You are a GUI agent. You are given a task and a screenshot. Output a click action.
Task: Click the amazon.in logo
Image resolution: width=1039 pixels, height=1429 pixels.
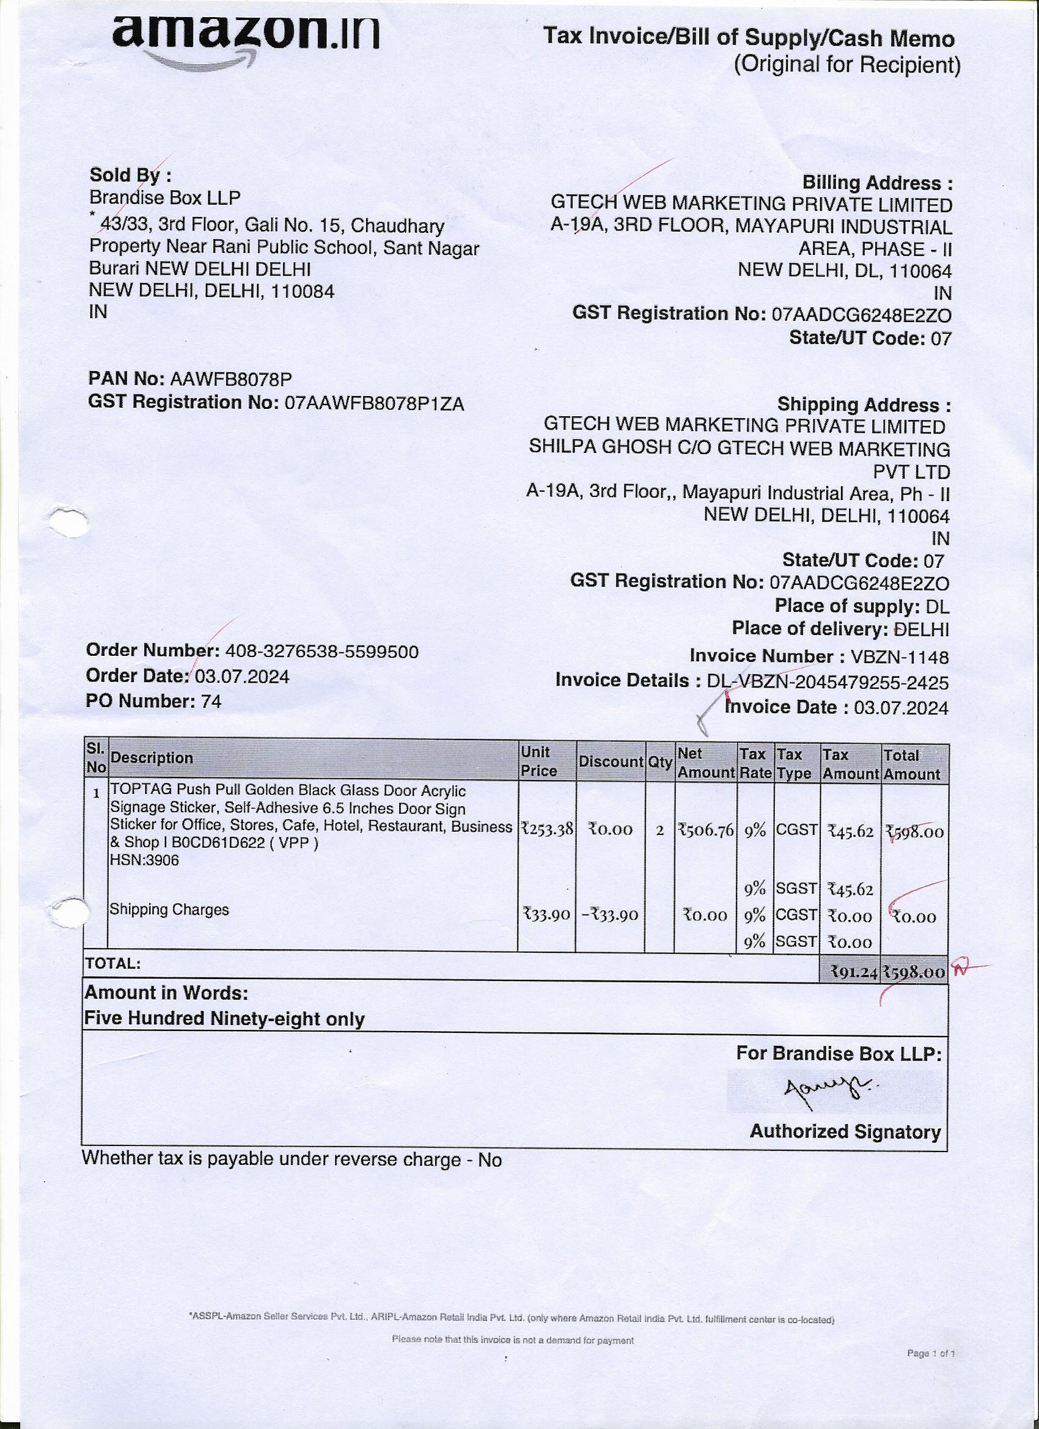click(246, 35)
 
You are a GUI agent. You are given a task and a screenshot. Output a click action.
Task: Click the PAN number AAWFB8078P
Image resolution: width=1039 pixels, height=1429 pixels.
click(230, 380)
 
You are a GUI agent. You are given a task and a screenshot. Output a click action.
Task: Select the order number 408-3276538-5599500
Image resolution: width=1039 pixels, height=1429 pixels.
click(321, 652)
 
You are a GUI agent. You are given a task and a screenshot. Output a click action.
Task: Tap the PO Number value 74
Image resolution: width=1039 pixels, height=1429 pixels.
click(211, 701)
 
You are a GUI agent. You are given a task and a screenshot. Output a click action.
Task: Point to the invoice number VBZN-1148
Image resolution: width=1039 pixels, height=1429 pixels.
click(899, 657)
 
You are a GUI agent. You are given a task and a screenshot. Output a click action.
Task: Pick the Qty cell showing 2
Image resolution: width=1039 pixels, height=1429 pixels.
click(659, 831)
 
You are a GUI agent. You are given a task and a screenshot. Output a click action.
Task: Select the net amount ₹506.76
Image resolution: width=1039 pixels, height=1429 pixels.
click(706, 831)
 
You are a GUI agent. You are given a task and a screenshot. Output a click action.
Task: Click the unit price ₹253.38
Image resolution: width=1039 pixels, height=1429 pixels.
click(547, 829)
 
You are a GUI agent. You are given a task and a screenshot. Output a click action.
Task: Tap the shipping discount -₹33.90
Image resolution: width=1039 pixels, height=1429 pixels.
click(609, 915)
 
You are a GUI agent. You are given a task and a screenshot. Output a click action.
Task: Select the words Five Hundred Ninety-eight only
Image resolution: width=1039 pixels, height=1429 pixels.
click(224, 1019)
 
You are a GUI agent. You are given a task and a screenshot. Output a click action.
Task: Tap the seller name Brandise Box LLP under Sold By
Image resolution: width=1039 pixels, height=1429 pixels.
click(164, 198)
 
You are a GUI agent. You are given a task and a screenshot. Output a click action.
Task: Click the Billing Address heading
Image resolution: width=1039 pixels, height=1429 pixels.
click(876, 183)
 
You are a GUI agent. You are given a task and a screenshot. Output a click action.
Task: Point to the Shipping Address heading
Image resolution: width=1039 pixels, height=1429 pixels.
click(863, 405)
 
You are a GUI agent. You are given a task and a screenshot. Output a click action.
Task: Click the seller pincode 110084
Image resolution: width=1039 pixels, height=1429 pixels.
click(303, 291)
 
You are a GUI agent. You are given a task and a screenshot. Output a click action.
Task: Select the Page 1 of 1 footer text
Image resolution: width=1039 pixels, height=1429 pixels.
click(931, 1353)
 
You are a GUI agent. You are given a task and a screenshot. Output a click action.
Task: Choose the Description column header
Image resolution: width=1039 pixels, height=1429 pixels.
click(151, 758)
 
